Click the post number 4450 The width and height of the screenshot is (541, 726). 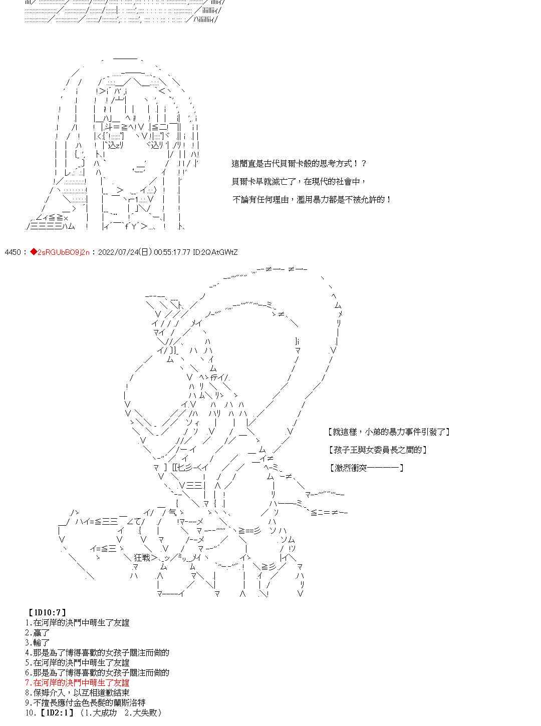(x=13, y=252)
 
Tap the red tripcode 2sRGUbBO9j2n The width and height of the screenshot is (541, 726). (x=63, y=252)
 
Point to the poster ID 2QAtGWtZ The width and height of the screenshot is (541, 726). (x=219, y=252)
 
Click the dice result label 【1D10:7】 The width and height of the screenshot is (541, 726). (x=48, y=612)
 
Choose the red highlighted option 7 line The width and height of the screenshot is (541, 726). (x=77, y=682)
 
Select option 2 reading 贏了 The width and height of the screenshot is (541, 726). (x=38, y=633)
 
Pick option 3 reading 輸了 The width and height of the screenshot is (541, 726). (x=38, y=642)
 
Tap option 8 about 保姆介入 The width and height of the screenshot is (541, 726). (x=77, y=692)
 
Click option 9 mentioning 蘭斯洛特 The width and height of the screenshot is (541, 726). (x=86, y=702)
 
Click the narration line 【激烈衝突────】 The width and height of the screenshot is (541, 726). (x=366, y=468)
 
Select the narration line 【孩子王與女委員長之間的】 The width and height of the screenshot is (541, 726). (x=378, y=450)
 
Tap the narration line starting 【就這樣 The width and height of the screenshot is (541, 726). (x=389, y=432)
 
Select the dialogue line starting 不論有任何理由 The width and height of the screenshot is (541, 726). (x=312, y=199)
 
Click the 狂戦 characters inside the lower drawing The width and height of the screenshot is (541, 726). (x=142, y=557)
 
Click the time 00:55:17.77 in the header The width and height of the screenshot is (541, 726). (x=172, y=252)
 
